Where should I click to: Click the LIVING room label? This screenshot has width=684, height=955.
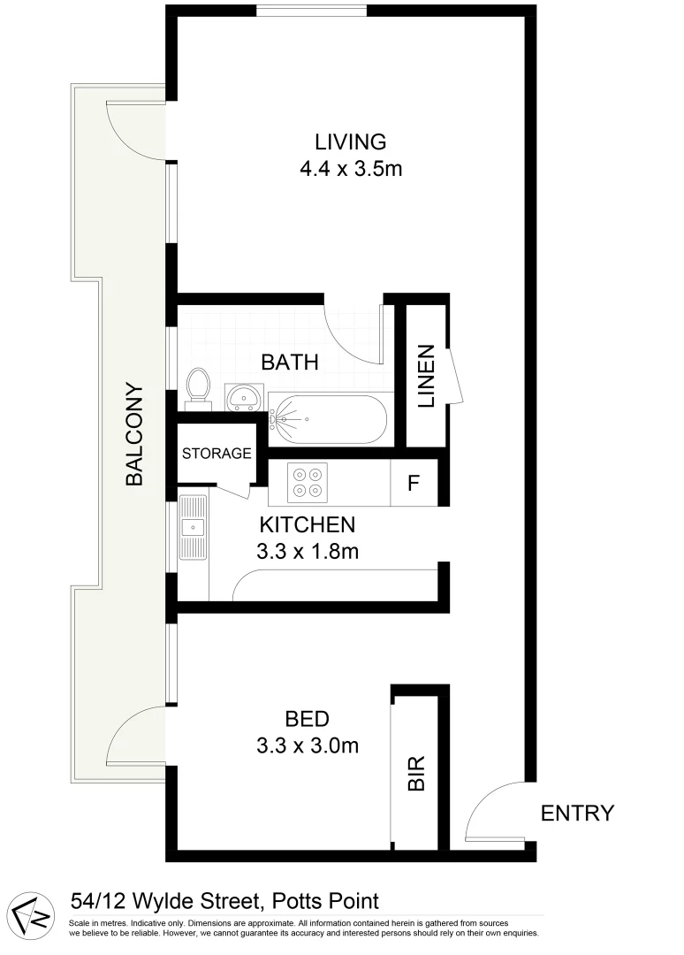(351, 141)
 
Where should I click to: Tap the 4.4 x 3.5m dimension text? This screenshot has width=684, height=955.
(351, 168)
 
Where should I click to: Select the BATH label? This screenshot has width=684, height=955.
(289, 362)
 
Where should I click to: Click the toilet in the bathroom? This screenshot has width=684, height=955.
(198, 387)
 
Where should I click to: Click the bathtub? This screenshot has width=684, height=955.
(328, 420)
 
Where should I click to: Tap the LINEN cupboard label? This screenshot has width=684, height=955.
(427, 376)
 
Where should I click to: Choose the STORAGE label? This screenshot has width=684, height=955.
(217, 454)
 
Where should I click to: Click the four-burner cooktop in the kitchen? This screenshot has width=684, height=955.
(307, 483)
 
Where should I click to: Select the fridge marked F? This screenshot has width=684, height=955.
(413, 484)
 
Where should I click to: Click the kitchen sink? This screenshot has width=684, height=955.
(192, 528)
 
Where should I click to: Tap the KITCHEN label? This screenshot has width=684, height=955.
(307, 524)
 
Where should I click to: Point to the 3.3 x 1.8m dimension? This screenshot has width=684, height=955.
(307, 552)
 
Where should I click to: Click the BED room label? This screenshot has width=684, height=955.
(307, 718)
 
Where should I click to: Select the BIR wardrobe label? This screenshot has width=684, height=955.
(416, 772)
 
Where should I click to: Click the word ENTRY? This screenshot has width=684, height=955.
(577, 813)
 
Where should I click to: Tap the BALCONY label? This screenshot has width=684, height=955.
(134, 433)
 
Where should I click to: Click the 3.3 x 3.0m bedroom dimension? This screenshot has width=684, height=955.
(307, 745)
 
